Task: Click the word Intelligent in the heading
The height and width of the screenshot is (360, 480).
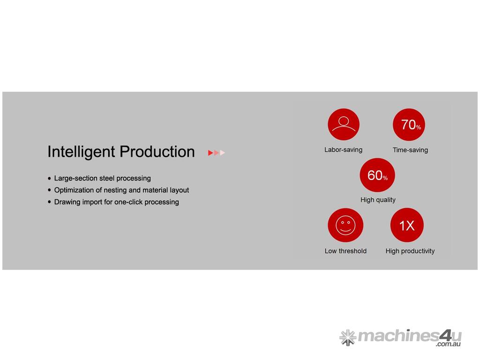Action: (81, 152)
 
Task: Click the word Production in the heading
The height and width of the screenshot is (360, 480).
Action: (157, 151)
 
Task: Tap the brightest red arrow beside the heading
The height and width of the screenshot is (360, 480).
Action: (210, 153)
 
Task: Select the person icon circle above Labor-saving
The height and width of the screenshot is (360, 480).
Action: (344, 124)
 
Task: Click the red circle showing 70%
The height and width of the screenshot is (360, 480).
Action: (409, 125)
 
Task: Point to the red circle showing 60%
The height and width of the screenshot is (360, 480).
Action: (377, 175)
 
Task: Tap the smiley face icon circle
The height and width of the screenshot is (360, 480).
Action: (345, 225)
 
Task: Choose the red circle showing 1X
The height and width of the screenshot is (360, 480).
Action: (407, 225)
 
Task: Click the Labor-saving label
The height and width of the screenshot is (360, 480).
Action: (344, 150)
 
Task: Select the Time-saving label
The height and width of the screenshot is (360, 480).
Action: (410, 150)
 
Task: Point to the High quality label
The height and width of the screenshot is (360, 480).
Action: (378, 200)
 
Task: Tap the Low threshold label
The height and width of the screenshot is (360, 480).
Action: (345, 251)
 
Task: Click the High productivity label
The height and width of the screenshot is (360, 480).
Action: (410, 251)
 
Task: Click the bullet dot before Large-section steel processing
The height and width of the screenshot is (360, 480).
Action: (49, 179)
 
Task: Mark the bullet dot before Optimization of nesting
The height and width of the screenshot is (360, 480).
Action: (49, 190)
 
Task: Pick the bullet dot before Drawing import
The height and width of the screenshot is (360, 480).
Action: (49, 202)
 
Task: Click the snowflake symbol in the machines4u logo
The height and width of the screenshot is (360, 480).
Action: (348, 337)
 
